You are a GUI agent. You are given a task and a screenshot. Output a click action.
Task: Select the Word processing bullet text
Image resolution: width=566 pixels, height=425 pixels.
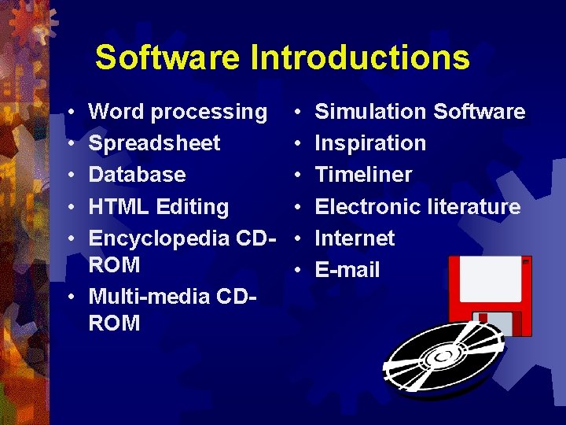pos(178,113)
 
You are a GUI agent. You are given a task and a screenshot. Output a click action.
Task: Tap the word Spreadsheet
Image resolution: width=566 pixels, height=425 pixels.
pos(154,144)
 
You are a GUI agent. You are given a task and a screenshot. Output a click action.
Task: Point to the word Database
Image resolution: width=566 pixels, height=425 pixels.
pos(137,175)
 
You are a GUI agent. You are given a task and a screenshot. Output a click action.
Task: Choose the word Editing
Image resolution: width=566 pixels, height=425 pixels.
pos(193,207)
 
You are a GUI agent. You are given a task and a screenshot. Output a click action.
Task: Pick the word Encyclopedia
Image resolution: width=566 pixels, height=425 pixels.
pos(162,238)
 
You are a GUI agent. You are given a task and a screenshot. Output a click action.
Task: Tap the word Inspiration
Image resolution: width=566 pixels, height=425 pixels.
pos(370,143)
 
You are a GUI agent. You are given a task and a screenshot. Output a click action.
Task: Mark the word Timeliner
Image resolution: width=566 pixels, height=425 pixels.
pos(363,175)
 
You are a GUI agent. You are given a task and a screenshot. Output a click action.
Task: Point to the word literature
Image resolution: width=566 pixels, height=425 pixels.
pos(474,207)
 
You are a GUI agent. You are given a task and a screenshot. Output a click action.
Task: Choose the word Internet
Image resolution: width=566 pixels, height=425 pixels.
pos(355,238)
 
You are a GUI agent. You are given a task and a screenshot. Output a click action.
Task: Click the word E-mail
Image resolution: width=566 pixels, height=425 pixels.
pos(347,270)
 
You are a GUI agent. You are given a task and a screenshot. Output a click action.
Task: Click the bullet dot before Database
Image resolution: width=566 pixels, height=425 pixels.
pos(71,176)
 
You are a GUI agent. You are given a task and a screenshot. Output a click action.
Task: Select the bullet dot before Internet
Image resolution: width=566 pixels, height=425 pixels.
pos(298,238)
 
